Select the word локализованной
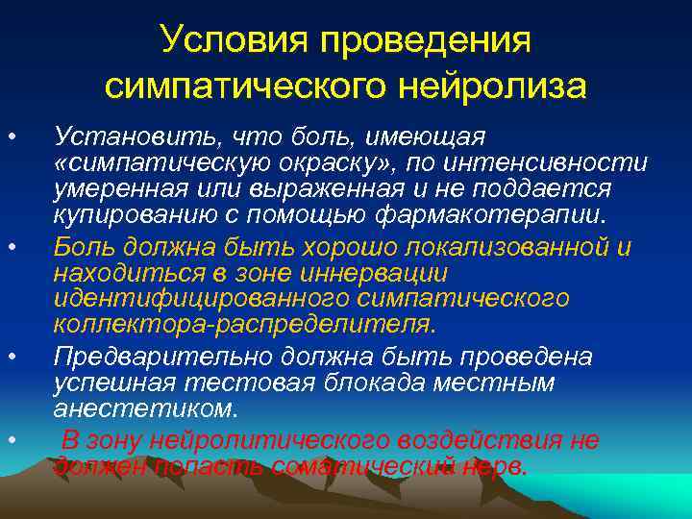[506, 246]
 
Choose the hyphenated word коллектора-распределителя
[244, 327]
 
